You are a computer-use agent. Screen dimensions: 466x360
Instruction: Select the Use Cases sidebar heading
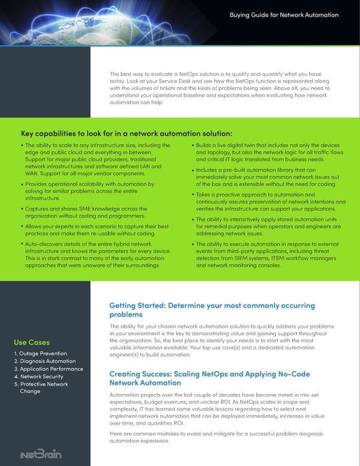point(31,342)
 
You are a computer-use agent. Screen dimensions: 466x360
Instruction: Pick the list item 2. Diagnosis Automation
point(44,361)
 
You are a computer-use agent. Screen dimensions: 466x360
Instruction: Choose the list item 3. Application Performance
point(48,369)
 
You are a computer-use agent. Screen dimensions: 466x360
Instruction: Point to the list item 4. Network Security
point(39,377)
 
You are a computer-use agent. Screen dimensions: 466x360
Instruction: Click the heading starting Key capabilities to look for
point(126,133)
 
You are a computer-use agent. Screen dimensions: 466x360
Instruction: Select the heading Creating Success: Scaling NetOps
point(209,378)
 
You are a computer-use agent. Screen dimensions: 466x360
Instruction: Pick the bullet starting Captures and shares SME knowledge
point(88,212)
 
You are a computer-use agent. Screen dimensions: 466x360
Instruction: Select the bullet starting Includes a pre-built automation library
point(266,177)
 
